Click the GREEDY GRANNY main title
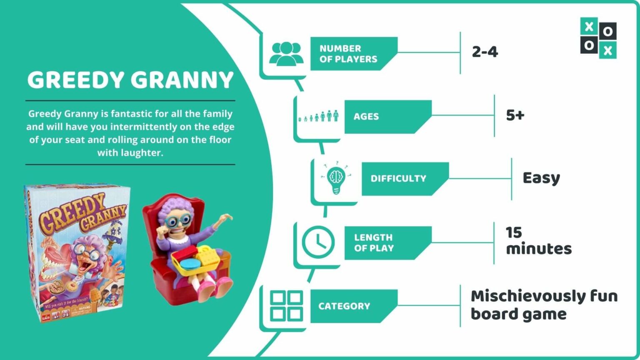[x=130, y=80]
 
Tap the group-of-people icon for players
[x=286, y=54]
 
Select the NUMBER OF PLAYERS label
[x=348, y=54]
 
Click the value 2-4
[x=485, y=52]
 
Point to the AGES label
[x=366, y=117]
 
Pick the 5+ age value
[x=515, y=115]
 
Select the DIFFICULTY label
[x=398, y=179]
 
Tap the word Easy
[x=541, y=178]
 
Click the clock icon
[x=318, y=242]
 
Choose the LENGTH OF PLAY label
[x=374, y=243]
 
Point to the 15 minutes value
[x=538, y=241]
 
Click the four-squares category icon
[x=286, y=306]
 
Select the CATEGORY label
[x=344, y=306]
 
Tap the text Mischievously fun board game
[x=544, y=305]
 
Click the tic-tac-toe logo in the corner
[x=598, y=38]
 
